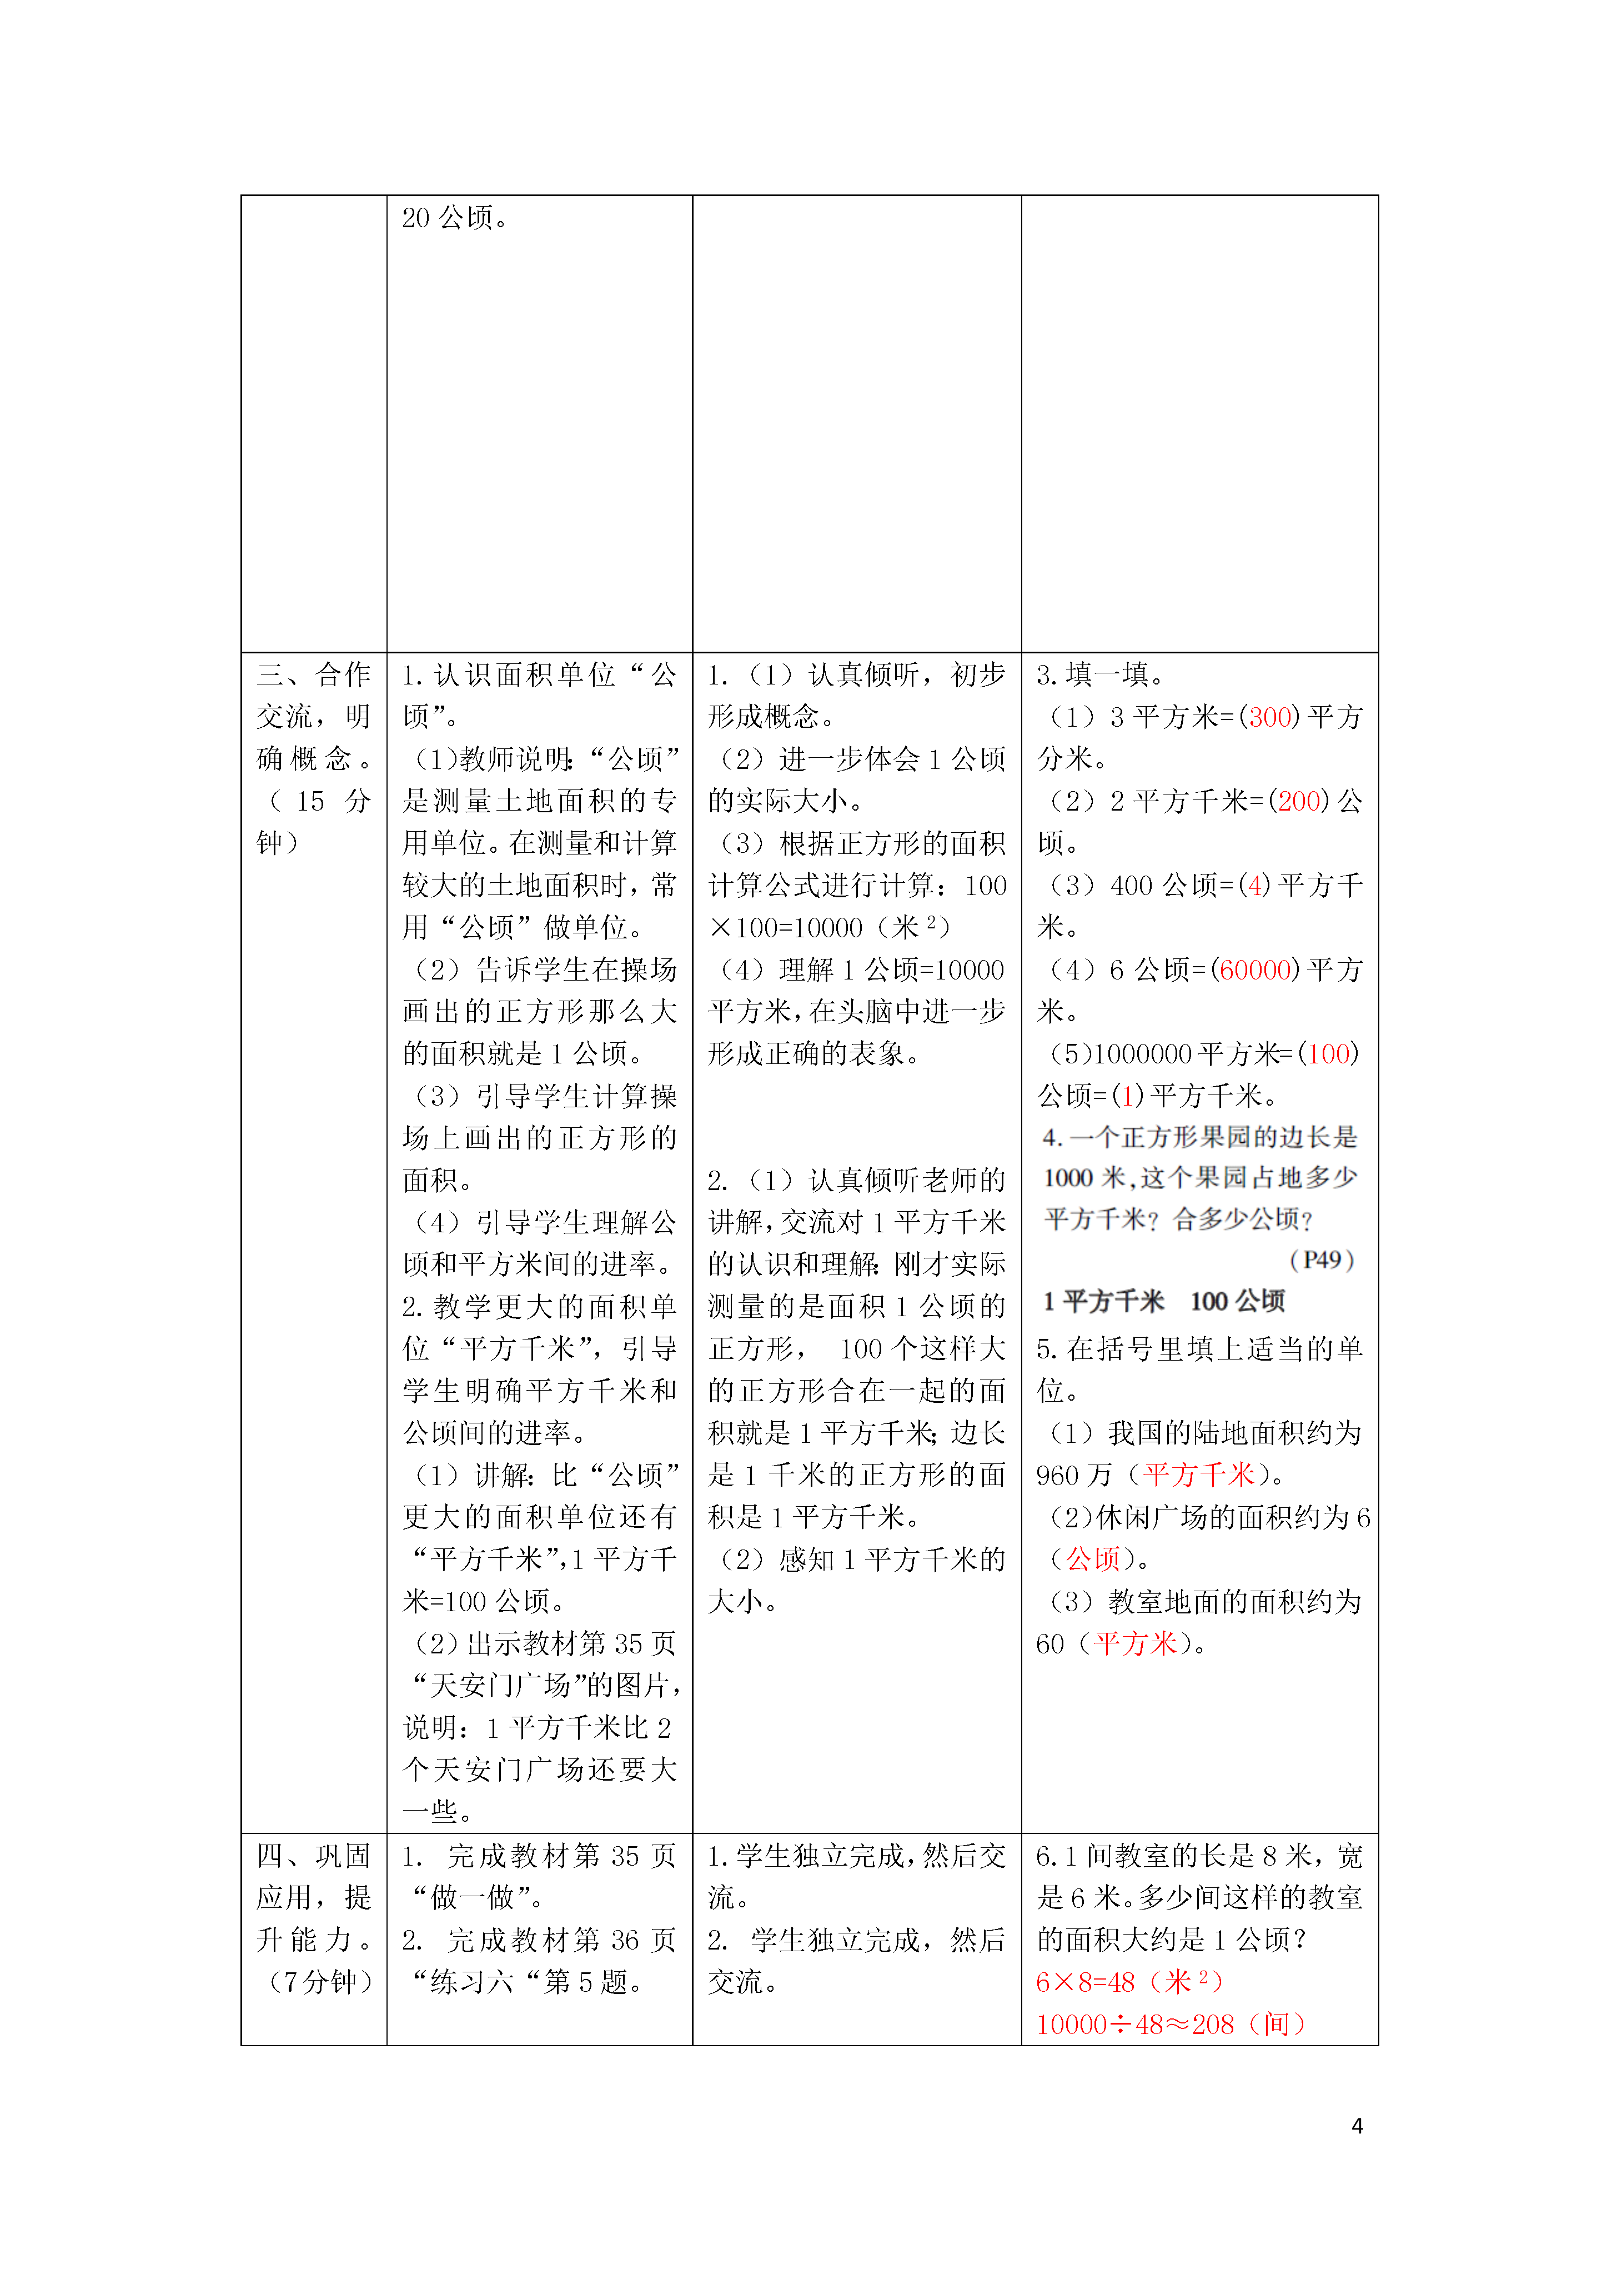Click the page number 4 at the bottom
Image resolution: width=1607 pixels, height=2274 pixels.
click(x=1357, y=2126)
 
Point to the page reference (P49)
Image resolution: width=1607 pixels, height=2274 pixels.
click(x=1322, y=1260)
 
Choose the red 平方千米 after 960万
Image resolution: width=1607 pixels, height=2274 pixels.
click(x=1199, y=1475)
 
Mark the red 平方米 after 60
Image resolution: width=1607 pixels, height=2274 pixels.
click(x=1136, y=1644)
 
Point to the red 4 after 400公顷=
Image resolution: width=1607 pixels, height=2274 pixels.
click(x=1258, y=886)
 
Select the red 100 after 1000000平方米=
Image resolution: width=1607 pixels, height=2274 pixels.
click(x=1328, y=1054)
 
